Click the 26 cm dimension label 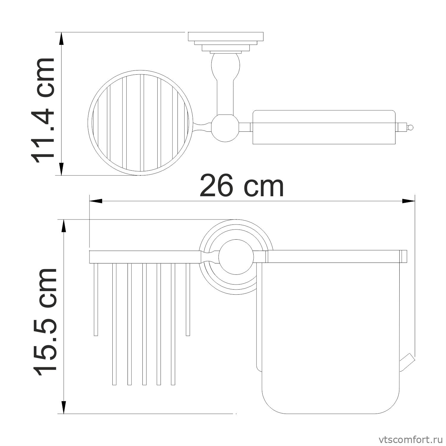(242, 186)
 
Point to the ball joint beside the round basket (225, 128)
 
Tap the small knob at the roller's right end (410, 128)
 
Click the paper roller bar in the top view (324, 127)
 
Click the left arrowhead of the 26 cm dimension (96, 201)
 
